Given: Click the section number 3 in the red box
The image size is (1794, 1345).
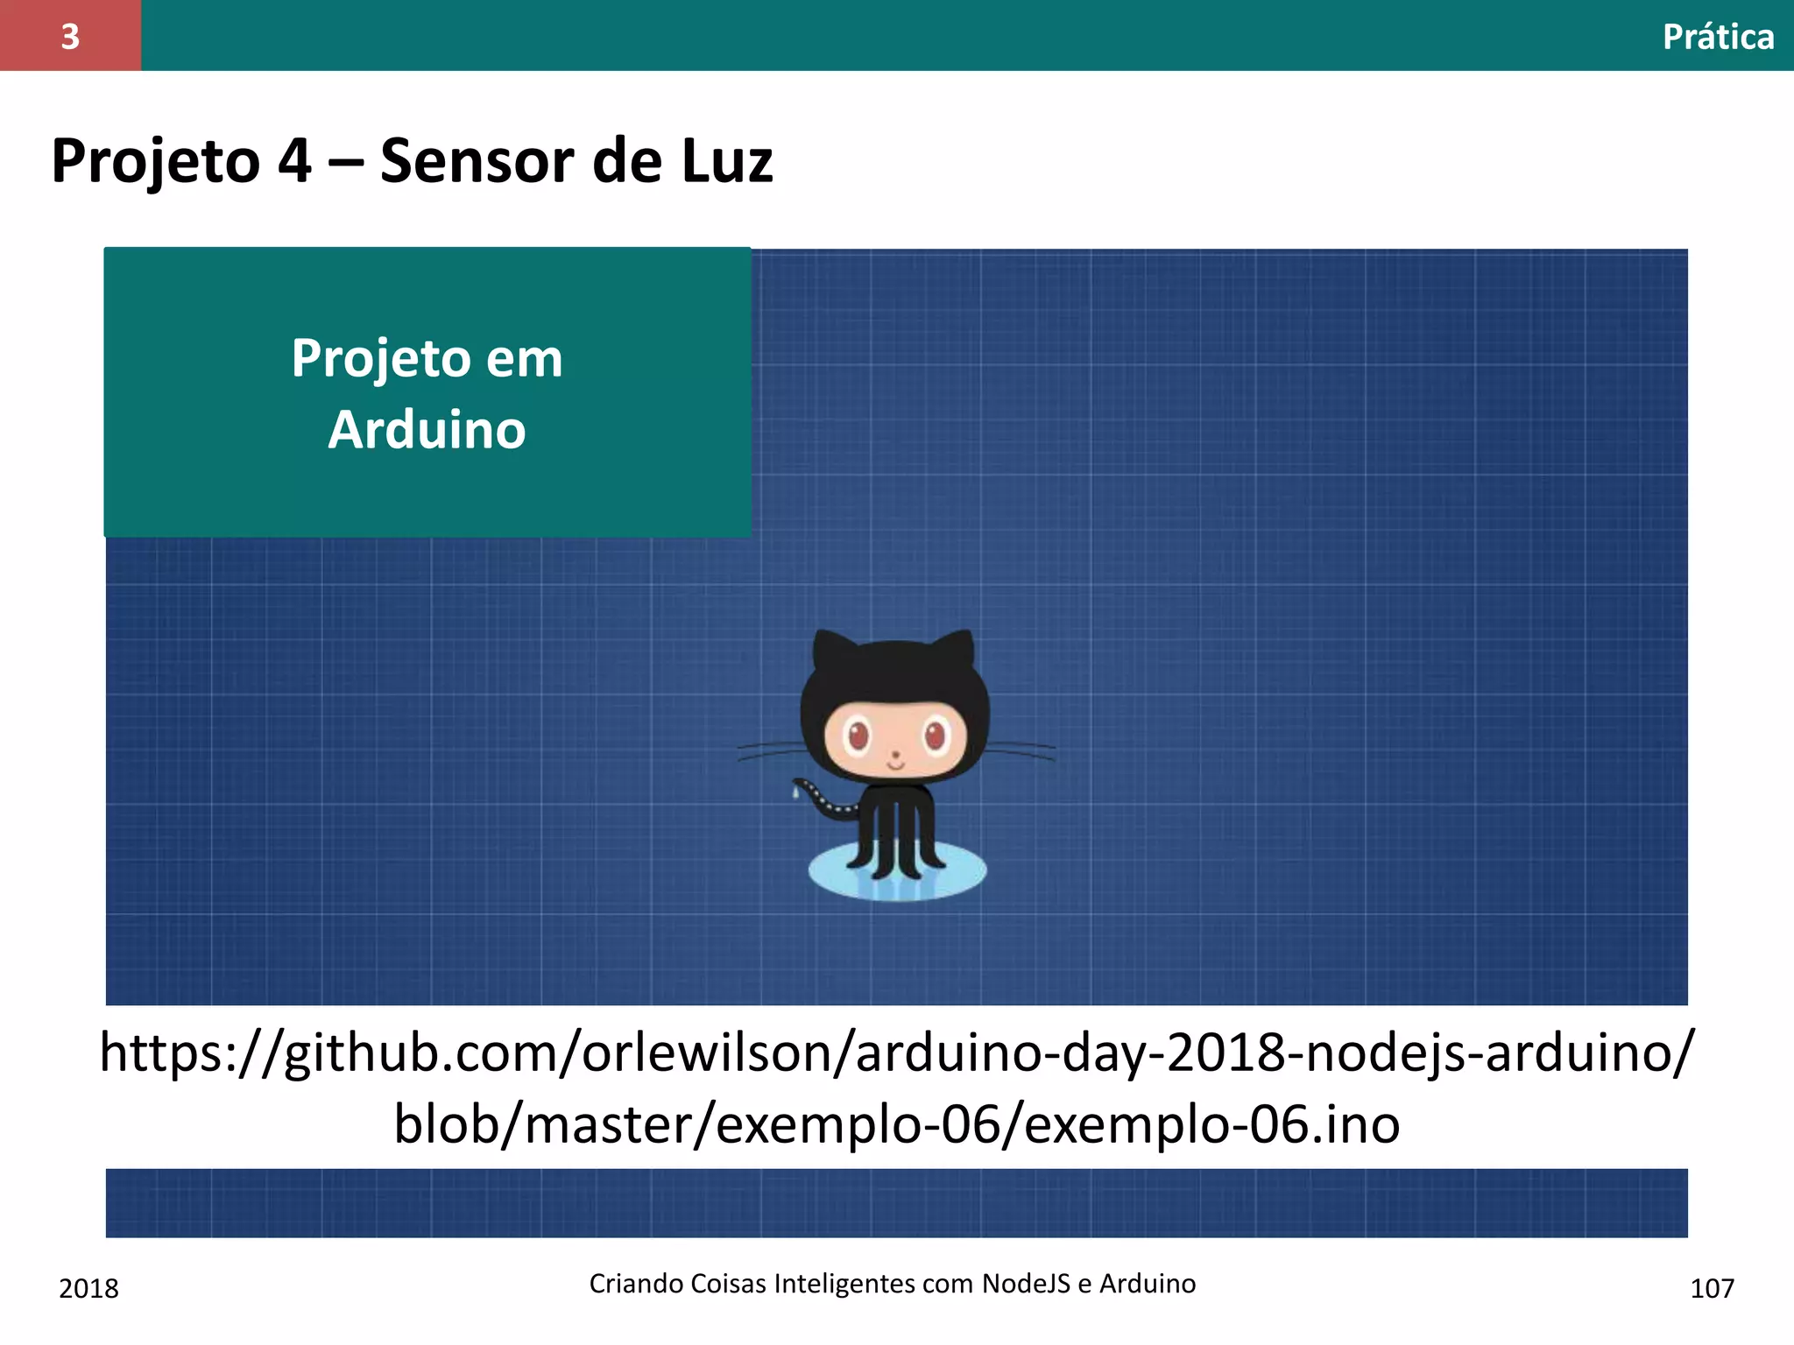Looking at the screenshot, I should pos(70,36).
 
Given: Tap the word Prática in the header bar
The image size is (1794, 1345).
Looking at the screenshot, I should pos(1718,37).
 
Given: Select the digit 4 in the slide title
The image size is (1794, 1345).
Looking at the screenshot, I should pos(294,161).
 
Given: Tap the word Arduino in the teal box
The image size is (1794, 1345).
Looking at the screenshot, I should pos(427,430).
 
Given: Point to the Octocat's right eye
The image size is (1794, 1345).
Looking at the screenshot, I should pos(936,735).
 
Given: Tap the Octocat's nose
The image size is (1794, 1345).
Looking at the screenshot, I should pos(895,755).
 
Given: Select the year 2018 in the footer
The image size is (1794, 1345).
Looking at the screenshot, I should pos(88,1288).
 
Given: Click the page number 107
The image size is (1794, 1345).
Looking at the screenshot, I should pos(1712,1288).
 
